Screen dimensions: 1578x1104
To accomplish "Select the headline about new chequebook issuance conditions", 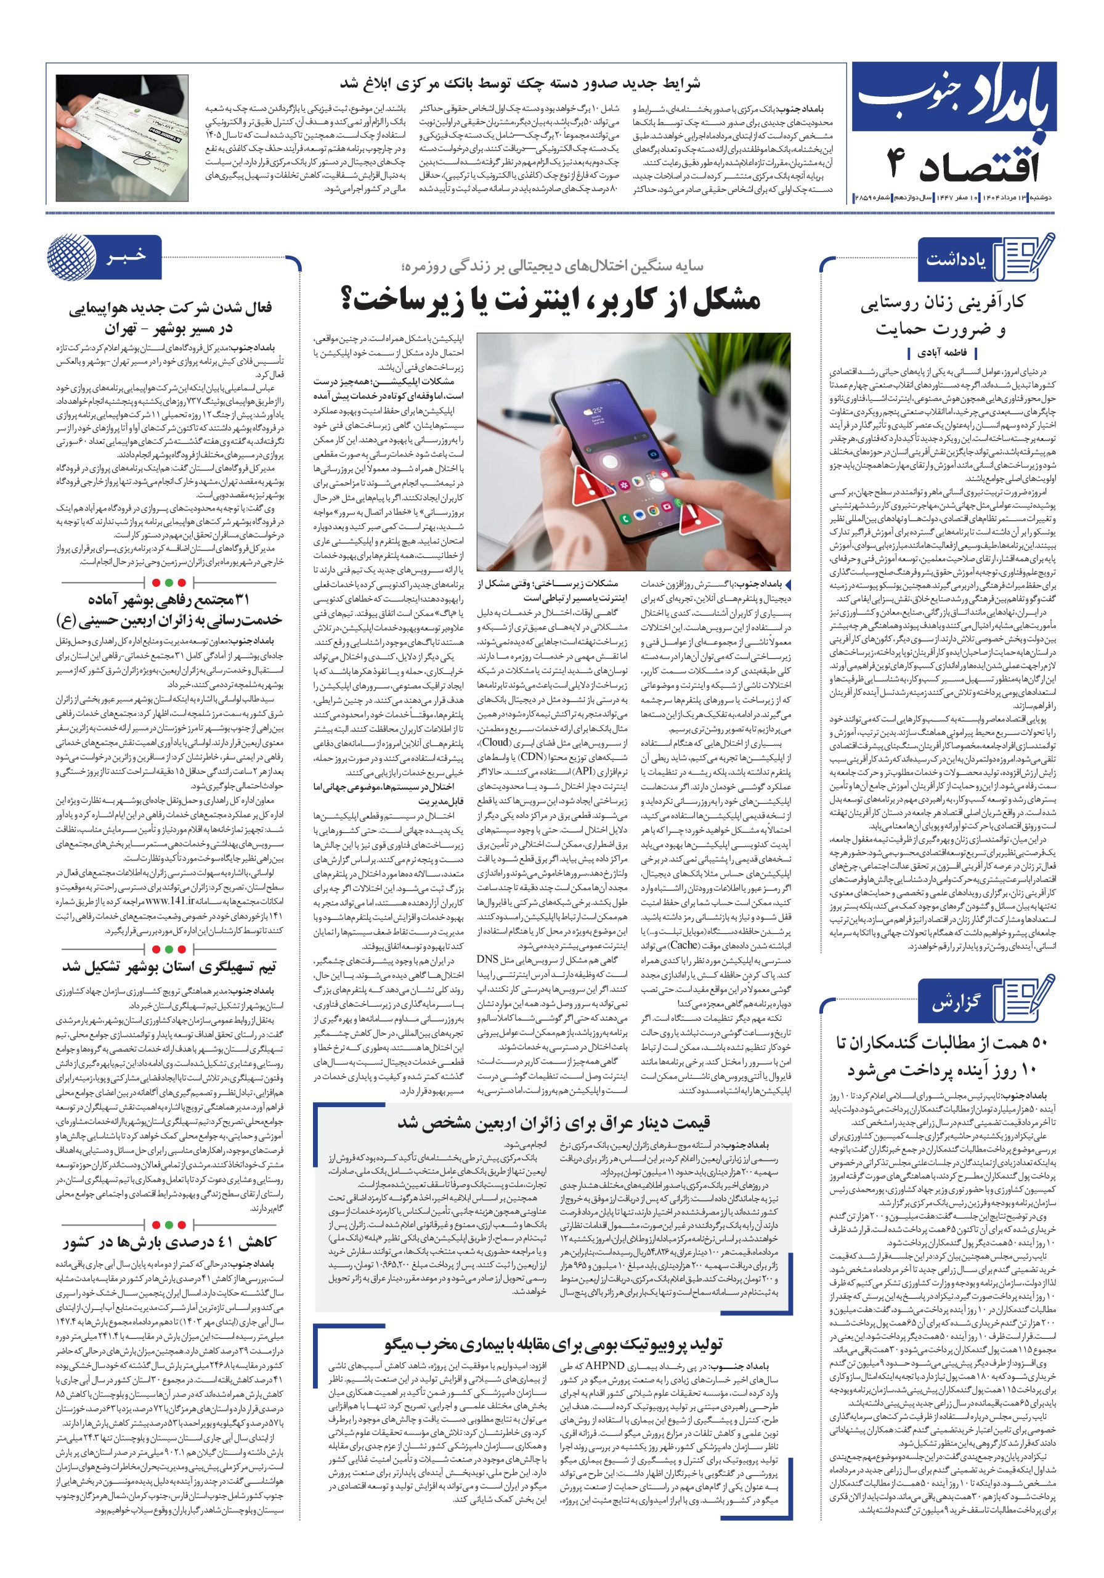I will [x=522, y=84].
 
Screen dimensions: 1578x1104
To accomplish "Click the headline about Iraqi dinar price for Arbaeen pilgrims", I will [x=554, y=1123].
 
